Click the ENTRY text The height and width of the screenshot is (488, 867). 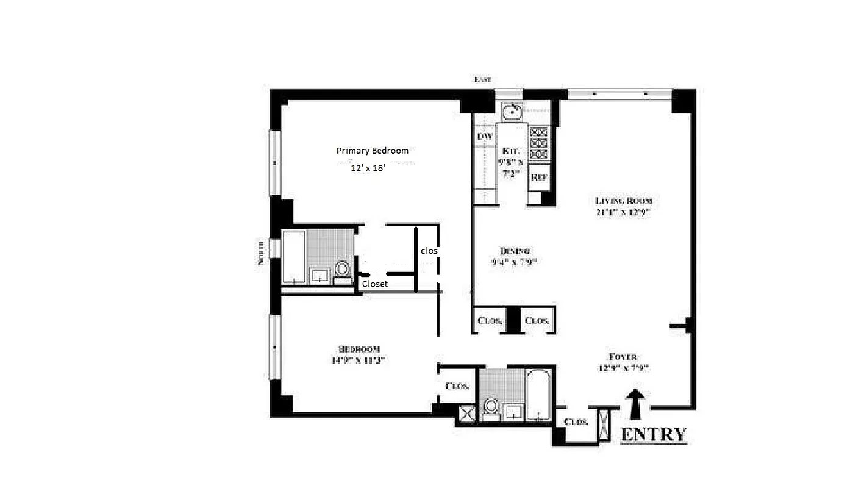point(653,434)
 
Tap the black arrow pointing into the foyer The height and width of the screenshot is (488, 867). point(635,404)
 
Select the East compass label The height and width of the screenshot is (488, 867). point(482,80)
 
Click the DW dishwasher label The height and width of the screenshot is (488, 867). point(485,137)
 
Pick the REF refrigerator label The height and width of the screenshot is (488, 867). point(538,178)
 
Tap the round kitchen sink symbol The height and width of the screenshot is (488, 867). point(512,111)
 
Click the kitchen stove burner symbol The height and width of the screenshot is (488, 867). point(538,143)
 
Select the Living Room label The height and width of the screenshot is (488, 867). point(624,201)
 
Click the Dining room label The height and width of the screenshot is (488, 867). point(515,251)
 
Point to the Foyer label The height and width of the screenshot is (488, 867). point(623,357)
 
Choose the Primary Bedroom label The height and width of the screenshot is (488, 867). point(373,151)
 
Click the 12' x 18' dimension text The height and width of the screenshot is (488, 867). point(368,168)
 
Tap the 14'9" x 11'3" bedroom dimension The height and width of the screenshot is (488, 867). point(359,360)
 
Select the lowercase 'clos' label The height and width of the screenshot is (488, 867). point(429,251)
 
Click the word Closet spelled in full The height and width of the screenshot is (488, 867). point(375,284)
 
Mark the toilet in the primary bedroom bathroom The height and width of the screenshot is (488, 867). point(343,270)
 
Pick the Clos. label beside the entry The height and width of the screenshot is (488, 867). point(576,422)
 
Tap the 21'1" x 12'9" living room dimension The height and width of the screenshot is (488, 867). point(624,212)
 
